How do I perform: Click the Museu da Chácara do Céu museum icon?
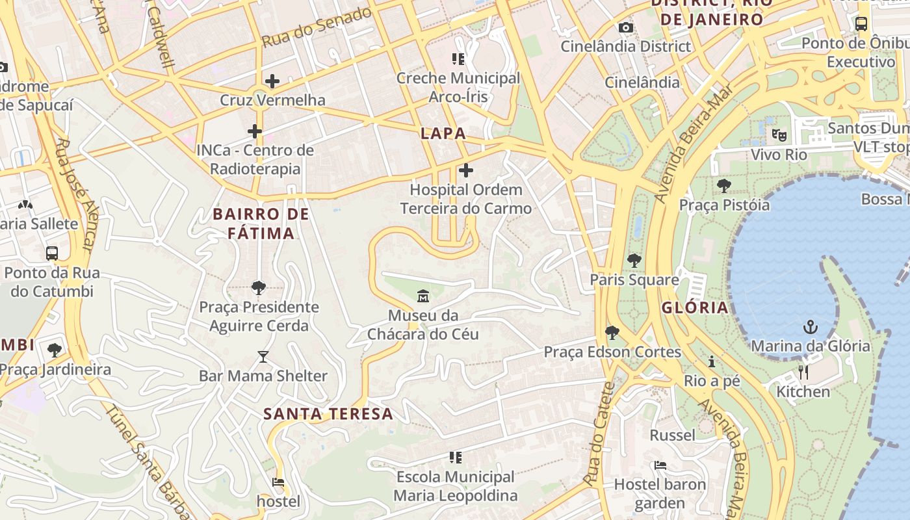[x=423, y=296]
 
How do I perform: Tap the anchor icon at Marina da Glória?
[x=810, y=326]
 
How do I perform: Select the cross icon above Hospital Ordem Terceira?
[x=466, y=170]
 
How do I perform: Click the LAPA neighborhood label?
[x=443, y=134]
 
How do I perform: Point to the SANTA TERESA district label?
[x=328, y=414]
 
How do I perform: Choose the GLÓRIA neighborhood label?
[x=695, y=308]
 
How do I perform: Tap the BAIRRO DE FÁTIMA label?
[x=261, y=223]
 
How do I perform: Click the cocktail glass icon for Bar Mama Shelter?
[x=263, y=357]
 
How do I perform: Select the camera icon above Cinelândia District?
[x=626, y=27]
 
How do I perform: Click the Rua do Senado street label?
[x=317, y=28]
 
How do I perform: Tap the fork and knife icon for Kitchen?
[x=803, y=372]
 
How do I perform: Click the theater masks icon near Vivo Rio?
[x=779, y=135]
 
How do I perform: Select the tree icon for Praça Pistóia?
[x=723, y=186]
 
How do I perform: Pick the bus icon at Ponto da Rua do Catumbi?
[x=52, y=253]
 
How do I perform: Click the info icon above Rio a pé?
[x=712, y=361]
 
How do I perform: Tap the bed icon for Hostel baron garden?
[x=660, y=465]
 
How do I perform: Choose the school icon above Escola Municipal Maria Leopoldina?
[x=456, y=458]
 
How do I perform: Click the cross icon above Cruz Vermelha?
[x=272, y=81]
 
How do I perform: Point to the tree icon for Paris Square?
[x=634, y=261]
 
